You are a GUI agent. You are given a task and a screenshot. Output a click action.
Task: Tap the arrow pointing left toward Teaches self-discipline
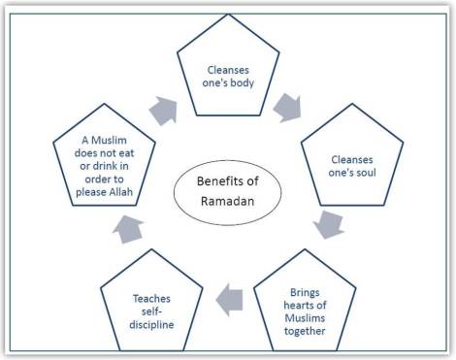coord(225,300)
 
